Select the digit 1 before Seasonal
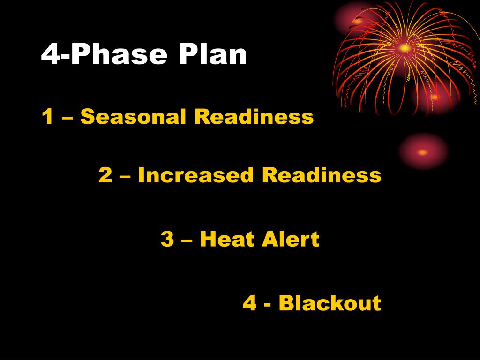[x=47, y=117]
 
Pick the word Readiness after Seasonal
[x=254, y=117]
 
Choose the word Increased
[x=196, y=175]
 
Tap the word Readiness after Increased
[x=322, y=175]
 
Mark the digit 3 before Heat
[x=167, y=239]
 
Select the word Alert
[x=291, y=239]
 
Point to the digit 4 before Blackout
[x=249, y=303]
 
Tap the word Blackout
[x=330, y=303]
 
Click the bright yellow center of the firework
[x=404, y=47]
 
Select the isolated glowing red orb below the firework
[x=423, y=152]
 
